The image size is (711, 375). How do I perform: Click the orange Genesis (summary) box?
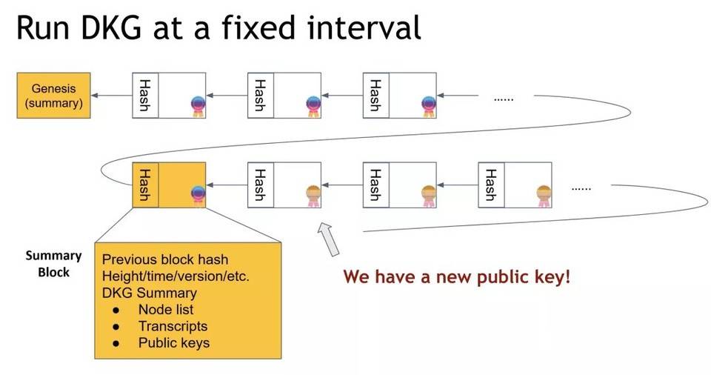click(53, 96)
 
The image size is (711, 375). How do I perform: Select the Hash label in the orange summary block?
click(145, 185)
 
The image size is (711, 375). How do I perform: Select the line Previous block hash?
click(164, 260)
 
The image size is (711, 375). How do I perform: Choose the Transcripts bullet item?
click(173, 326)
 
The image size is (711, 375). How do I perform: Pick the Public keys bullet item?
click(173, 343)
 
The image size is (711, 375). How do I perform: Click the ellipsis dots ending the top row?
click(503, 97)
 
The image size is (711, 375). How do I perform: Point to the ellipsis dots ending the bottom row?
click(581, 188)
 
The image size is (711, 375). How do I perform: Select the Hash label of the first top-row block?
click(145, 96)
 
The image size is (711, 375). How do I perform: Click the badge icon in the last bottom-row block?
click(544, 194)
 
